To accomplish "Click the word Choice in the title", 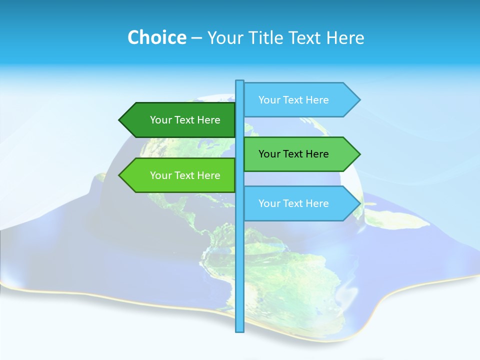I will pos(156,37).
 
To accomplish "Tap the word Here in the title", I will pos(345,37).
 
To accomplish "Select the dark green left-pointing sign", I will pos(180,120).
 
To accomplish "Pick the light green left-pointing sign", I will pos(180,175).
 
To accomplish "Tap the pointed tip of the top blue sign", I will pos(359,100).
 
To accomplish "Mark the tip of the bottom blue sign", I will pos(359,203).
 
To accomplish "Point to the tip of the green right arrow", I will pos(359,154).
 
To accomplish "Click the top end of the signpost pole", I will pos(239,81).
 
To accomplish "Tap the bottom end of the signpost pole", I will pos(239,330).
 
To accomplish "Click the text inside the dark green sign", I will pos(185,120).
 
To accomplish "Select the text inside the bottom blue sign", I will pos(293,203).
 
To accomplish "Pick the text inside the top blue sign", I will pos(293,100).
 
